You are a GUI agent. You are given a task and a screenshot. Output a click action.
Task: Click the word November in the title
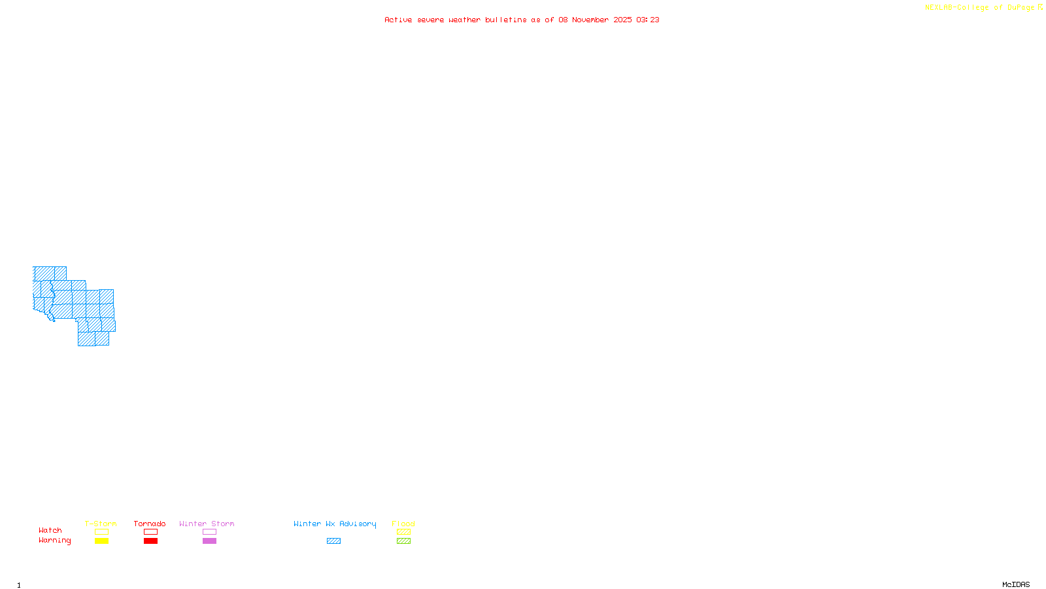tap(590, 20)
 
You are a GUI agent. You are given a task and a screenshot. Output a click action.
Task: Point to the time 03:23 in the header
tap(647, 20)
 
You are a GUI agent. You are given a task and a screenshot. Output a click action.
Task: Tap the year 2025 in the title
tap(622, 20)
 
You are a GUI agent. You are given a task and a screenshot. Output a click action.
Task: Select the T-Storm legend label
tap(101, 524)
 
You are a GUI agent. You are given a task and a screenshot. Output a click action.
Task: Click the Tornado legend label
tap(150, 524)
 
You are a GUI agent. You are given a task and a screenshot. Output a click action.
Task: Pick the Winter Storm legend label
tap(207, 524)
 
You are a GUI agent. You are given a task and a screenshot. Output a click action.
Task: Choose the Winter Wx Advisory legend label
tap(335, 524)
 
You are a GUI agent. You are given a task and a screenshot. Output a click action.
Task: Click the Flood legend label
tap(403, 524)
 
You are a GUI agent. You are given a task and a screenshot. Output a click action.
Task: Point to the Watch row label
tap(50, 530)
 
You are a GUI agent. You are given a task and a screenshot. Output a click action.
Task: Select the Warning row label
tap(55, 541)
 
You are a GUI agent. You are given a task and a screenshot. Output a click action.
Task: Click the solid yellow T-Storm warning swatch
tap(101, 541)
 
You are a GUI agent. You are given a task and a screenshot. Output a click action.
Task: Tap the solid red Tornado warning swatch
tap(150, 541)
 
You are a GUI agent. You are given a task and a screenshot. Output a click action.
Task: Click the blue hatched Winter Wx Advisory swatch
tap(333, 541)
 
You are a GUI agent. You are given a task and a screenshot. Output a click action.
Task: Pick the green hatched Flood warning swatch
tap(403, 541)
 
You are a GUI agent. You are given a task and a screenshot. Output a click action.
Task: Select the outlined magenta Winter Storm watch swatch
tap(209, 532)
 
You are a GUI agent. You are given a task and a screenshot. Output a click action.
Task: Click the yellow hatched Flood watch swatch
tap(403, 532)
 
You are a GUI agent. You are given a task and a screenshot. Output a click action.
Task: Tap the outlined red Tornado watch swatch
tap(150, 532)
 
